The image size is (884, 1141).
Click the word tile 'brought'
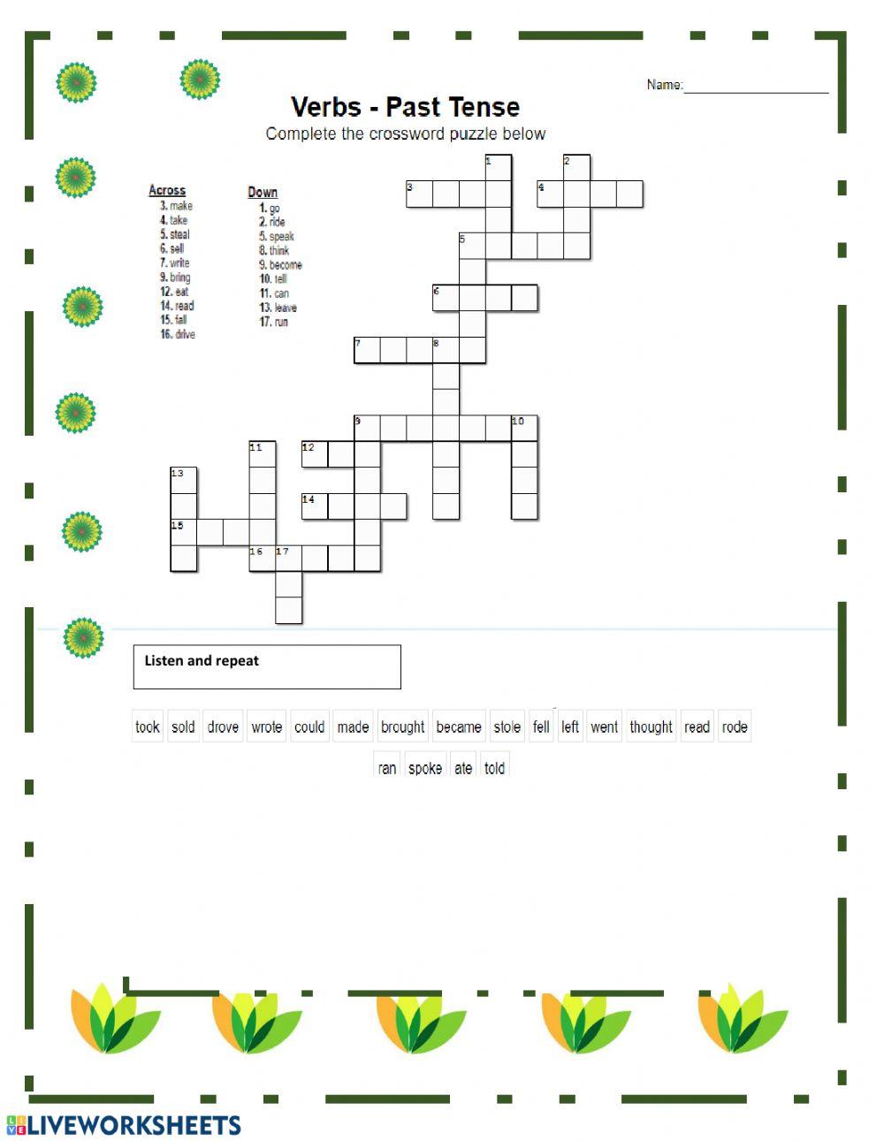(403, 726)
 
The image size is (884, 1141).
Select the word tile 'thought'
(651, 726)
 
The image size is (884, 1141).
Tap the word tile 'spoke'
(425, 767)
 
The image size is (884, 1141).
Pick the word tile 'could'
(309, 726)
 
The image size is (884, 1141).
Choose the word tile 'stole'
(507, 726)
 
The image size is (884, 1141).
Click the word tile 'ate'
(463, 767)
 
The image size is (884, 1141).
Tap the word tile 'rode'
(735, 726)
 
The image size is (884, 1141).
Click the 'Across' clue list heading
(167, 190)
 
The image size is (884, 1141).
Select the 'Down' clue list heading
(263, 192)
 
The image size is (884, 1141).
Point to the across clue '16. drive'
(178, 334)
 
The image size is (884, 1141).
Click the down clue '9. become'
(280, 264)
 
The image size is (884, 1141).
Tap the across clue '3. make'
(176, 206)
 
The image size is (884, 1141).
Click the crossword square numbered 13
(184, 481)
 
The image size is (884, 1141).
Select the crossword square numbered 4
(551, 194)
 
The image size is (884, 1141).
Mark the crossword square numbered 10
(524, 429)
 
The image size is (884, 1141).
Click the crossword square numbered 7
(367, 350)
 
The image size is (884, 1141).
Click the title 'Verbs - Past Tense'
(405, 107)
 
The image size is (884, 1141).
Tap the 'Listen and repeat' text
(202, 660)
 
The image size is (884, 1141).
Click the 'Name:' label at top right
(664, 85)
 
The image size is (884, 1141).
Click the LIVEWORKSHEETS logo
(124, 1124)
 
